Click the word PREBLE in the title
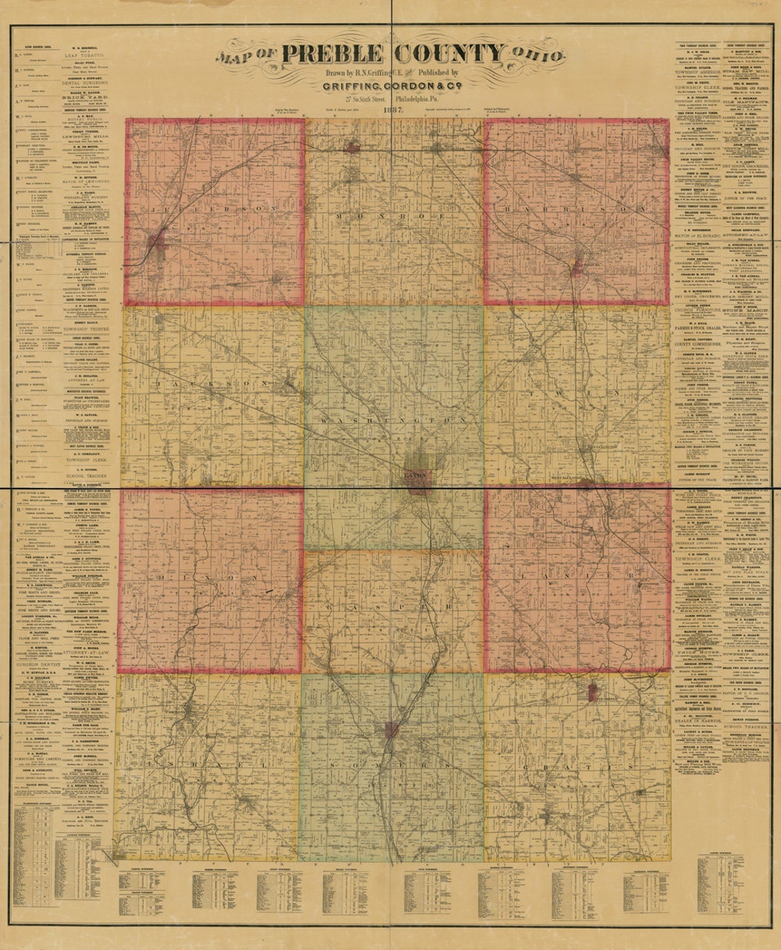point(332,54)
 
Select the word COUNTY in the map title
point(449,54)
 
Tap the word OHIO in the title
point(537,55)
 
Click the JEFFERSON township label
point(215,208)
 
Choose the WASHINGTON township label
point(393,419)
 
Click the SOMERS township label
point(390,764)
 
